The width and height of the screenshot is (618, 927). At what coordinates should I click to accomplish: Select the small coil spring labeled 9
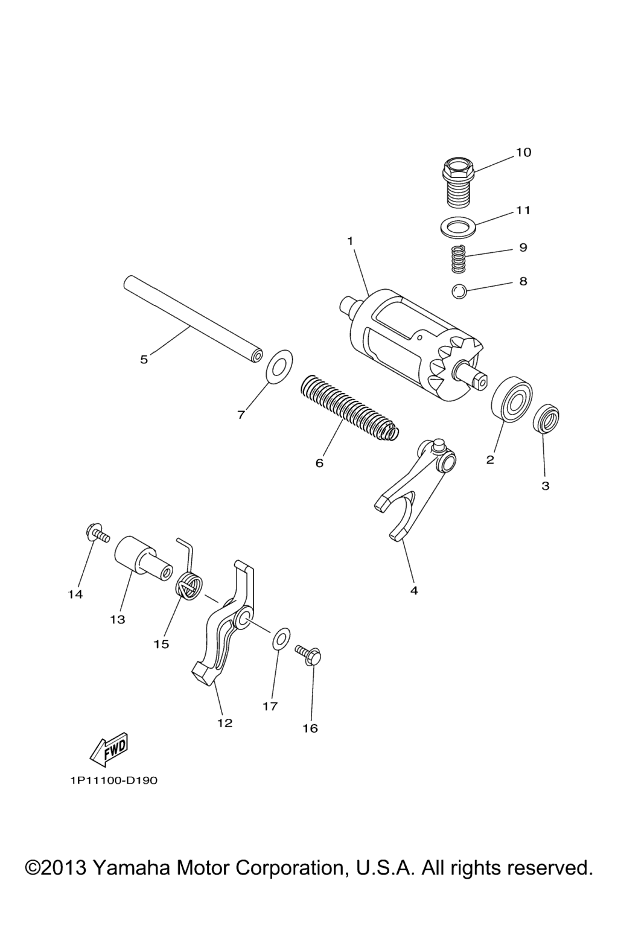[458, 259]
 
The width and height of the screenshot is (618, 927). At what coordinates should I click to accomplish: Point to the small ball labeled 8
[459, 291]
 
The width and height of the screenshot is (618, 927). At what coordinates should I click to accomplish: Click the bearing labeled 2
[512, 399]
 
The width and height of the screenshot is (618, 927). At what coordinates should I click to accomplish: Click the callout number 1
[350, 241]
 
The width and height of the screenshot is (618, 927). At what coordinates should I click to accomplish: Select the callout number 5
[144, 360]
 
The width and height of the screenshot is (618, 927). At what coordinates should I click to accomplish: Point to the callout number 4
[414, 591]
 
